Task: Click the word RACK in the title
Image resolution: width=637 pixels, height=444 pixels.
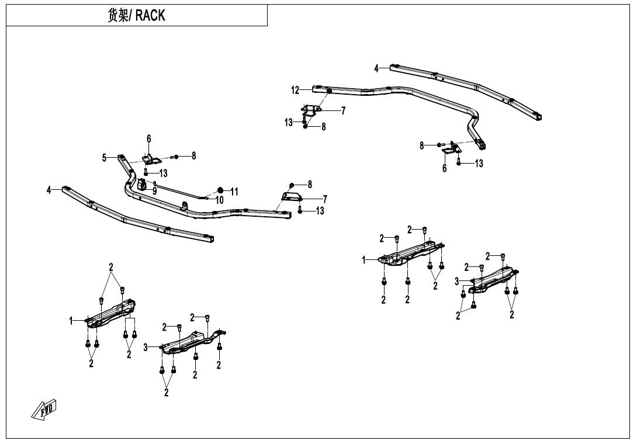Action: point(151,16)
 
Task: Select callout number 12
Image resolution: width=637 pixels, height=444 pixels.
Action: point(296,90)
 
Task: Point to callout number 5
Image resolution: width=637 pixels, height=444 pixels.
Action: point(105,157)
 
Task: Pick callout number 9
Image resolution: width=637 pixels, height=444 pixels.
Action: point(155,190)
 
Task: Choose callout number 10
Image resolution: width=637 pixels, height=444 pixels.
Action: point(220,200)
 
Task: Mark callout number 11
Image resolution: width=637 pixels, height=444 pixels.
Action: point(234,191)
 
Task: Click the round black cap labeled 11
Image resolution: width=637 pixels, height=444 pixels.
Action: point(220,190)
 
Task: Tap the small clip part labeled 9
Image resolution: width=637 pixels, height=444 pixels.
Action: point(142,186)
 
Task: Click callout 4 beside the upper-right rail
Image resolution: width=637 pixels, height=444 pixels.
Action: point(377,68)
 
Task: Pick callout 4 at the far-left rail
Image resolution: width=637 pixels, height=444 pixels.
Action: point(50,189)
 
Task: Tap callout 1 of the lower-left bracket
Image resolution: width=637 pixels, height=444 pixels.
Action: point(71,321)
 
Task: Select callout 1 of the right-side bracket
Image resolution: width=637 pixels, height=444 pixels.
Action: point(363,260)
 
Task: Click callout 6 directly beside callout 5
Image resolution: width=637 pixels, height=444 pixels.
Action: point(149,139)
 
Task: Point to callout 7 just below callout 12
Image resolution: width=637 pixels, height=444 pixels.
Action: point(343,110)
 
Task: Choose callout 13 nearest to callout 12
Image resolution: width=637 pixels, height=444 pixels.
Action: point(289,123)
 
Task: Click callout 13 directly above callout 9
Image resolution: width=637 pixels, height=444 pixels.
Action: point(163,174)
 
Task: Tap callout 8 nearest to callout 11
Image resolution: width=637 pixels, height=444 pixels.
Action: point(309,185)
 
